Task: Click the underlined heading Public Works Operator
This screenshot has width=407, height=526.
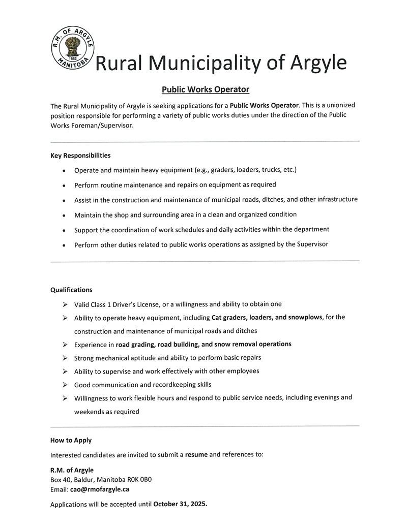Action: coord(205,89)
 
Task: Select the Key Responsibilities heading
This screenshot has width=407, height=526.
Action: coord(80,155)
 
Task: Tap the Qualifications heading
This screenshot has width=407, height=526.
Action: coord(71,290)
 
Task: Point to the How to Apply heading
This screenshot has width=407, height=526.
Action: coord(71,440)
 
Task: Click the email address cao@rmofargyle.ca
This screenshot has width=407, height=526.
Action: coord(100,489)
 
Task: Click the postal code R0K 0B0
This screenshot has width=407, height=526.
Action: coord(137,479)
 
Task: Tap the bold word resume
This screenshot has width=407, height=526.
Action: coord(196,454)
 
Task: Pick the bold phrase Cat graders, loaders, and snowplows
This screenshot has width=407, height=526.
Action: coord(267,317)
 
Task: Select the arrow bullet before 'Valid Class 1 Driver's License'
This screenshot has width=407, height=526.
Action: coord(65,304)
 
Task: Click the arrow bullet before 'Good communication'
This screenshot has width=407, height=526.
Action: coord(65,385)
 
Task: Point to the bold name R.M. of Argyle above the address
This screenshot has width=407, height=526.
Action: coord(72,470)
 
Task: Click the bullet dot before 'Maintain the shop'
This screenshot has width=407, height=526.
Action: coord(64,215)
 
